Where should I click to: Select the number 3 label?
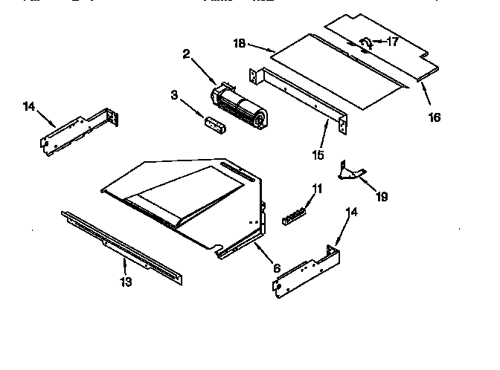pyautogui.click(x=175, y=96)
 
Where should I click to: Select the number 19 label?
pyautogui.click(x=381, y=197)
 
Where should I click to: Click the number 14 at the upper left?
pyautogui.click(x=29, y=106)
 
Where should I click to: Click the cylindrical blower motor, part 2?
pyautogui.click(x=237, y=106)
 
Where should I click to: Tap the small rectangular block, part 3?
pyautogui.click(x=215, y=124)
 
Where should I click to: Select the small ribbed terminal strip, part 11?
pyautogui.click(x=294, y=215)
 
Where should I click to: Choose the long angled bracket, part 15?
pyautogui.click(x=298, y=96)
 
